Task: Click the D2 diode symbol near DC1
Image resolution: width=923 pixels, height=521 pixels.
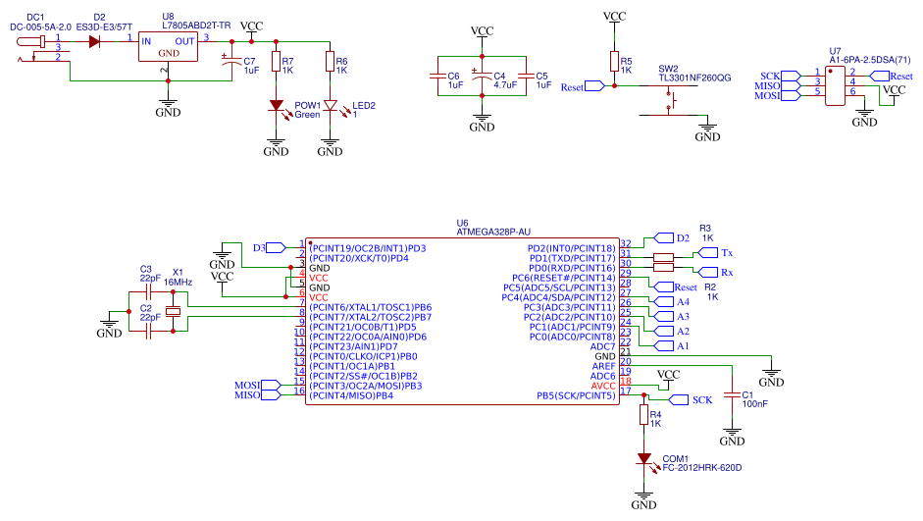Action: click(94, 42)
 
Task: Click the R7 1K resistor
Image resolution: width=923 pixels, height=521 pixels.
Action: click(276, 65)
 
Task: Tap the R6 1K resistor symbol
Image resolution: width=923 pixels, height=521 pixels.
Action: click(331, 65)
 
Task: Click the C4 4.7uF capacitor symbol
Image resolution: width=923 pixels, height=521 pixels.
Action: click(482, 76)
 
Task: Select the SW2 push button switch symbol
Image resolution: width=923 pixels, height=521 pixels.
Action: click(673, 99)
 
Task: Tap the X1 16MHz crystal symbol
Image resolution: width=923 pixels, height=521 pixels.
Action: click(174, 312)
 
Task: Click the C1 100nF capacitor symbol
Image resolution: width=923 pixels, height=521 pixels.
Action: click(732, 395)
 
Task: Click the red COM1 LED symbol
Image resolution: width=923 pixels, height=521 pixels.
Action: click(643, 459)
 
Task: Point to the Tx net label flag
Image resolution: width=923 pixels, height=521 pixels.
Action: click(707, 253)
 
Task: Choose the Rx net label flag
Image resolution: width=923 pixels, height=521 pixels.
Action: click(707, 272)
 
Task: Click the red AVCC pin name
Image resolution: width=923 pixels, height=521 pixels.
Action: click(603, 386)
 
